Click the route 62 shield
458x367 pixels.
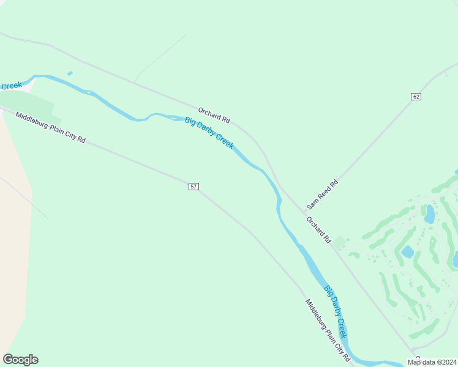click(x=416, y=97)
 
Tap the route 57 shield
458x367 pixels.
click(x=193, y=186)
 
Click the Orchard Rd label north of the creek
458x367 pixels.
click(x=214, y=114)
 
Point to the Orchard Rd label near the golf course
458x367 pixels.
click(x=318, y=229)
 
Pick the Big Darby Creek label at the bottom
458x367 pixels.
click(x=336, y=312)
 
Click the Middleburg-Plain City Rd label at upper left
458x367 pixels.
click(x=50, y=128)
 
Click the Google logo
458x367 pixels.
click(x=20, y=360)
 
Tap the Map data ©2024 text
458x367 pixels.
click(x=431, y=362)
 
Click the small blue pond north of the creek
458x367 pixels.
click(x=70, y=73)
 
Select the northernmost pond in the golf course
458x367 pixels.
click(x=430, y=214)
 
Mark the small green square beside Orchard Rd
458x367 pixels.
click(x=339, y=243)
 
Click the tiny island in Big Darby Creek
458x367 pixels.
click(x=89, y=93)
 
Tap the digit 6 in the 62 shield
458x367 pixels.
click(x=415, y=97)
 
